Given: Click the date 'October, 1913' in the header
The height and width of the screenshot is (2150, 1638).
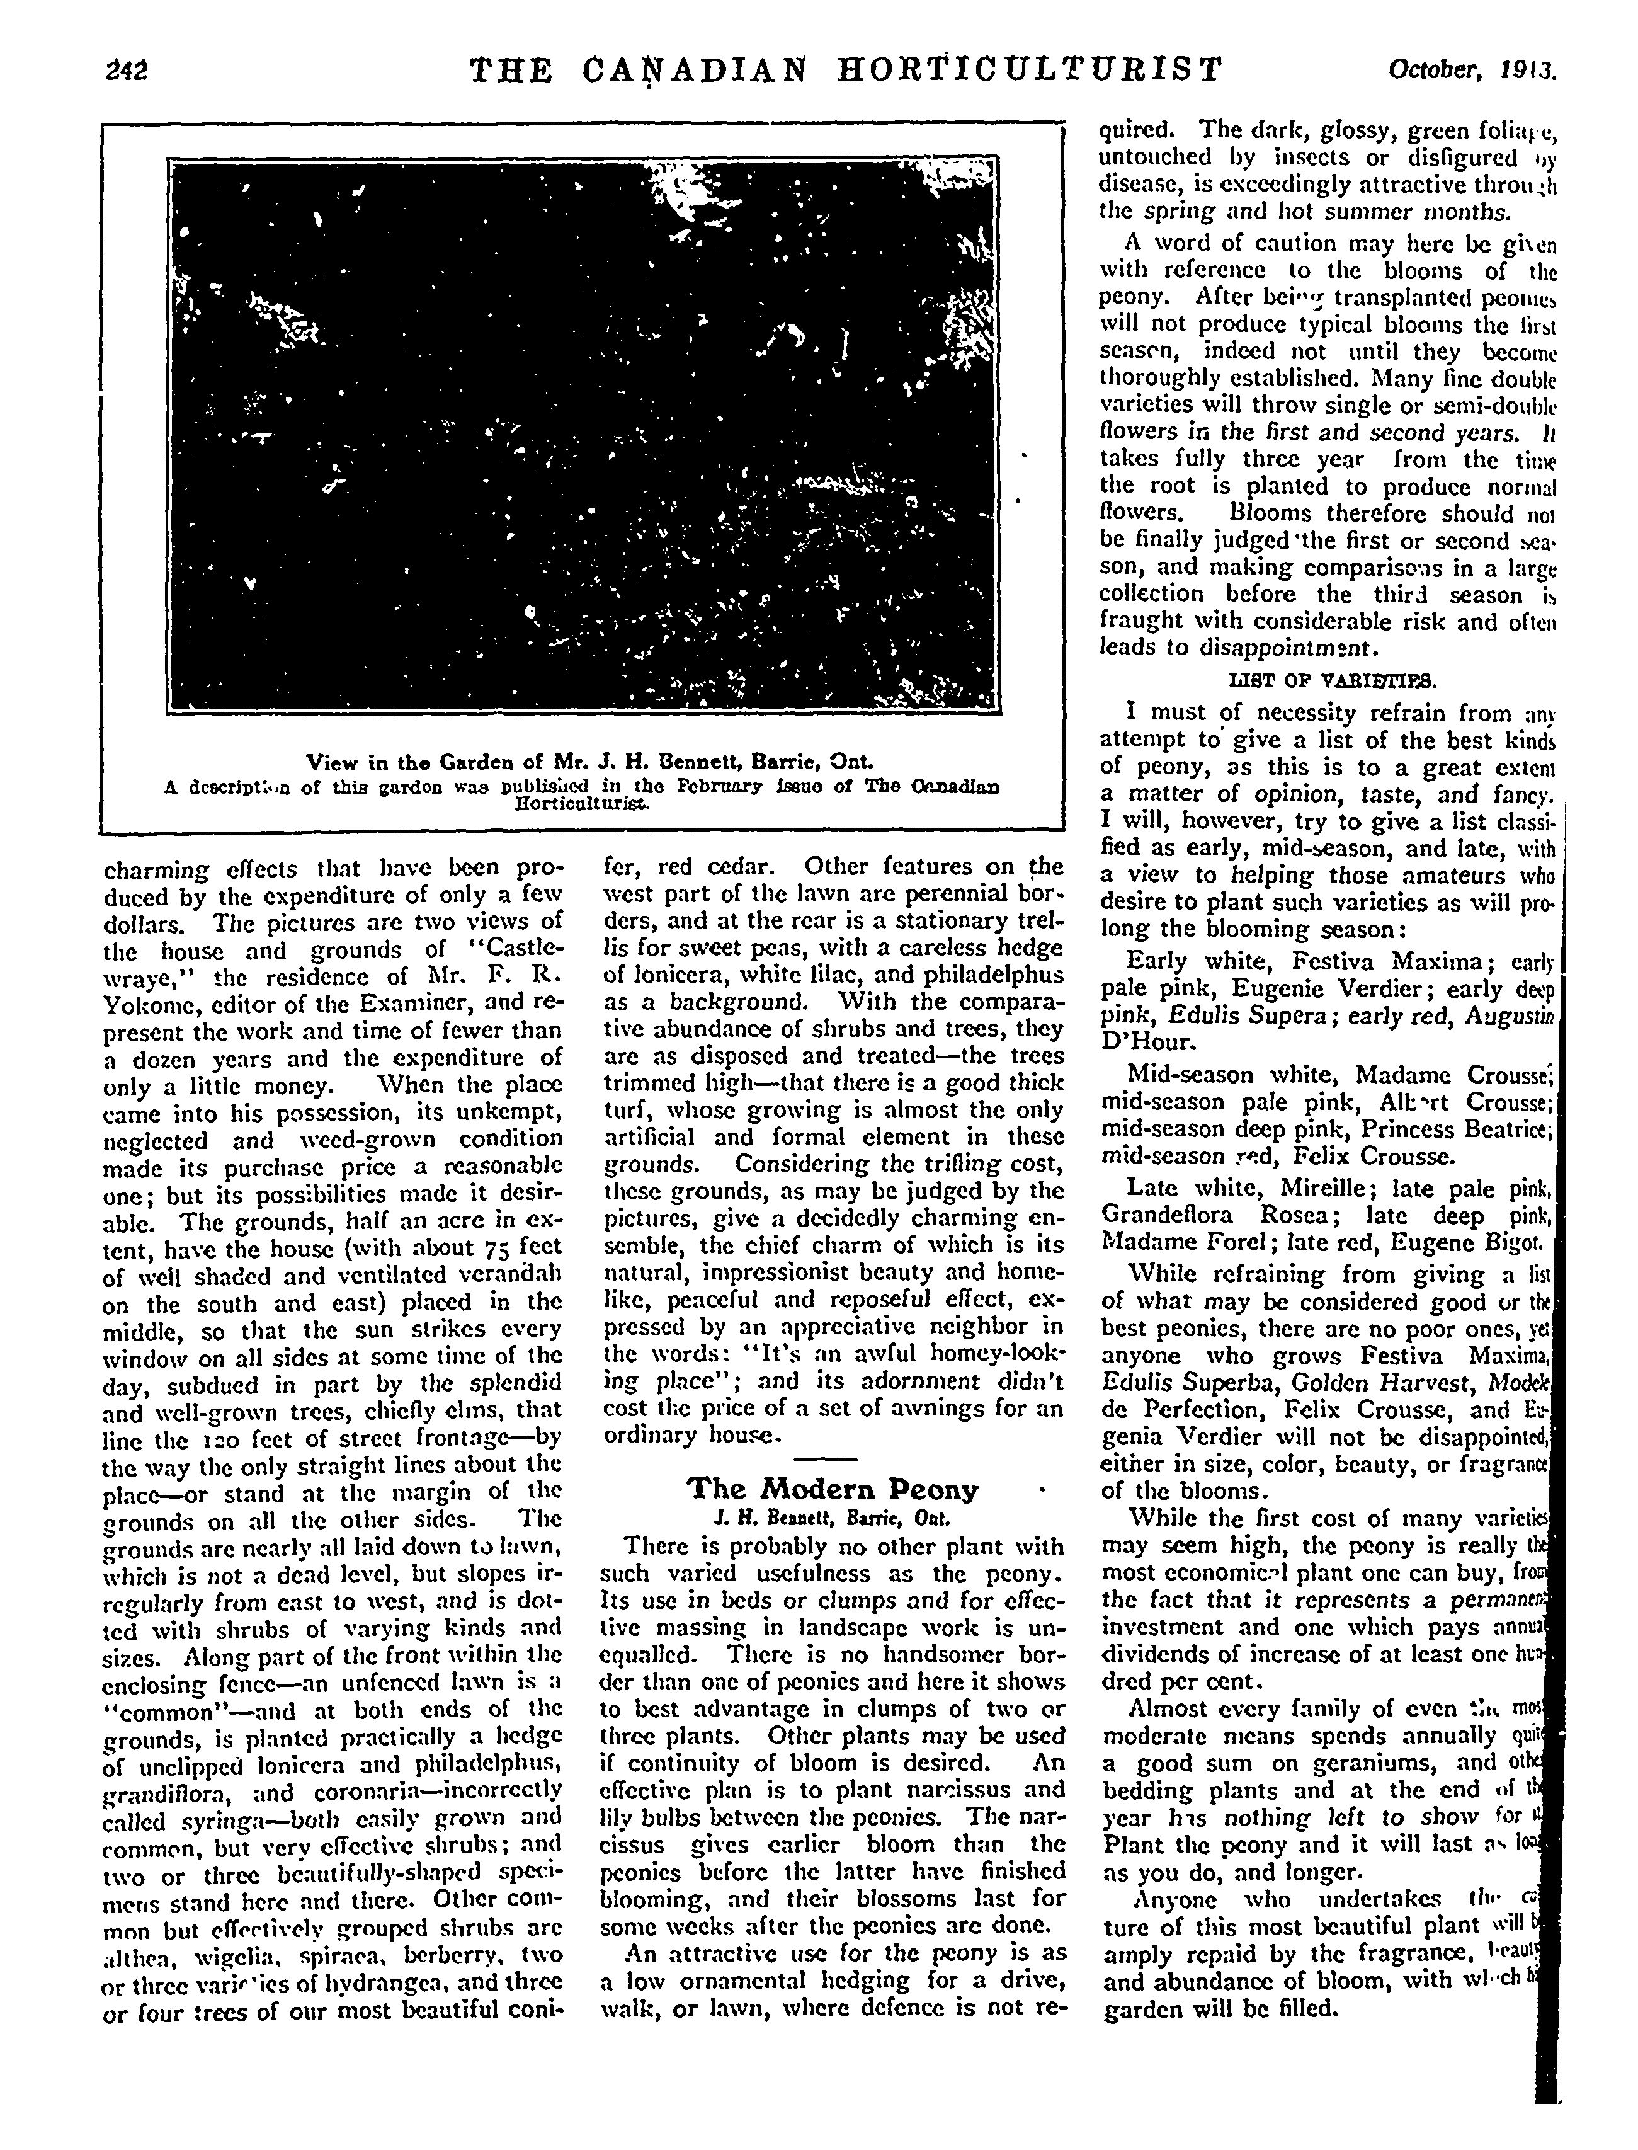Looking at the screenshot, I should coord(1472,70).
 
